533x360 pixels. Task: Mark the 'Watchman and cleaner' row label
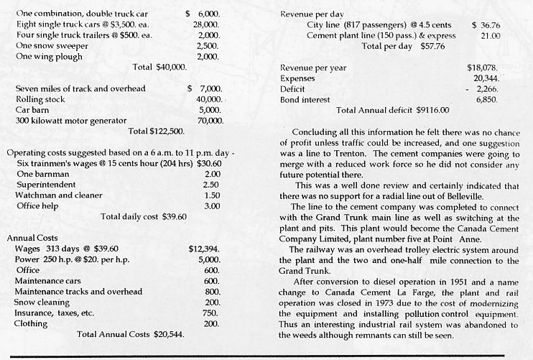point(57,195)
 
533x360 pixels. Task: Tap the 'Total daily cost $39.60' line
point(144,216)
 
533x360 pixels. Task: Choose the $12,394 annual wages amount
point(203,248)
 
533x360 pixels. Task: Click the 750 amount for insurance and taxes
point(211,313)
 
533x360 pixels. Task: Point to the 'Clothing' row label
point(31,323)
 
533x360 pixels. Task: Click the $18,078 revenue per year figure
point(482,68)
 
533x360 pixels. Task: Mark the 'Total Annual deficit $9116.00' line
point(393,111)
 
